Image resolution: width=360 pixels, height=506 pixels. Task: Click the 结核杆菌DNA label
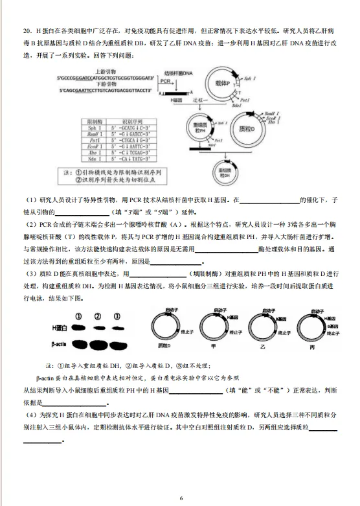click(x=179, y=73)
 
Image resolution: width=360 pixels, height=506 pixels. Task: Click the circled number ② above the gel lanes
click(x=98, y=317)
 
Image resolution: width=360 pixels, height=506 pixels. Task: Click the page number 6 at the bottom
click(x=181, y=497)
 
